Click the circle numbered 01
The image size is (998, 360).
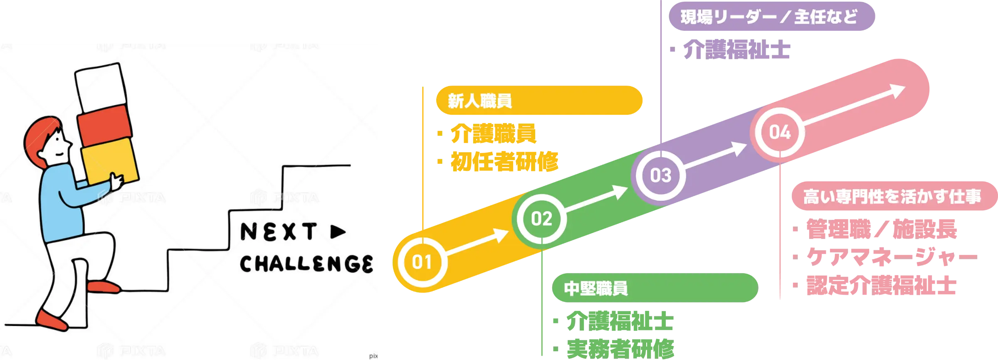click(422, 262)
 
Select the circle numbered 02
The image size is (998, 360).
click(541, 219)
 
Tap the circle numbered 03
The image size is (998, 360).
click(661, 175)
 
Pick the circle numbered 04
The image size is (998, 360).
click(780, 132)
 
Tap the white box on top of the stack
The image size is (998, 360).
click(101, 88)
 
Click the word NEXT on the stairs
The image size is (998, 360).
click(279, 232)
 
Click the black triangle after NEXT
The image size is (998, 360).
click(338, 232)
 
